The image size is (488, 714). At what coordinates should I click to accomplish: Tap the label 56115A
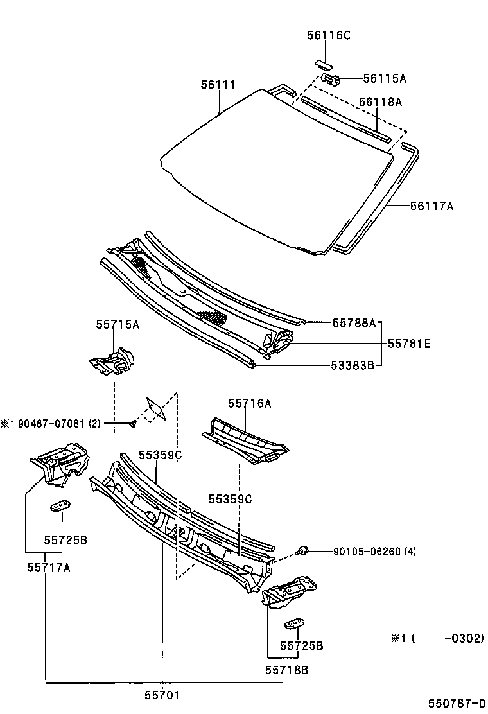coord(385,78)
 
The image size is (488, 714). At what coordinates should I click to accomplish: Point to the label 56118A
coord(380,101)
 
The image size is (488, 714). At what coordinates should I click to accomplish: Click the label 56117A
coord(431,206)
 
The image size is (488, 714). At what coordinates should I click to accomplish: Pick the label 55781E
coord(409,344)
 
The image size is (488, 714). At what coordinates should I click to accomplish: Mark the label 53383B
coord(354,366)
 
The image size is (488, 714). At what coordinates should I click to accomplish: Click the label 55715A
coord(118,325)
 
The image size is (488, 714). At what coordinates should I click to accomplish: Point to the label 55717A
coord(49,568)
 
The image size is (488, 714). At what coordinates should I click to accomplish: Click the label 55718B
coord(287,670)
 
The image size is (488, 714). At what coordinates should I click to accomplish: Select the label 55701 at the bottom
coord(162,695)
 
